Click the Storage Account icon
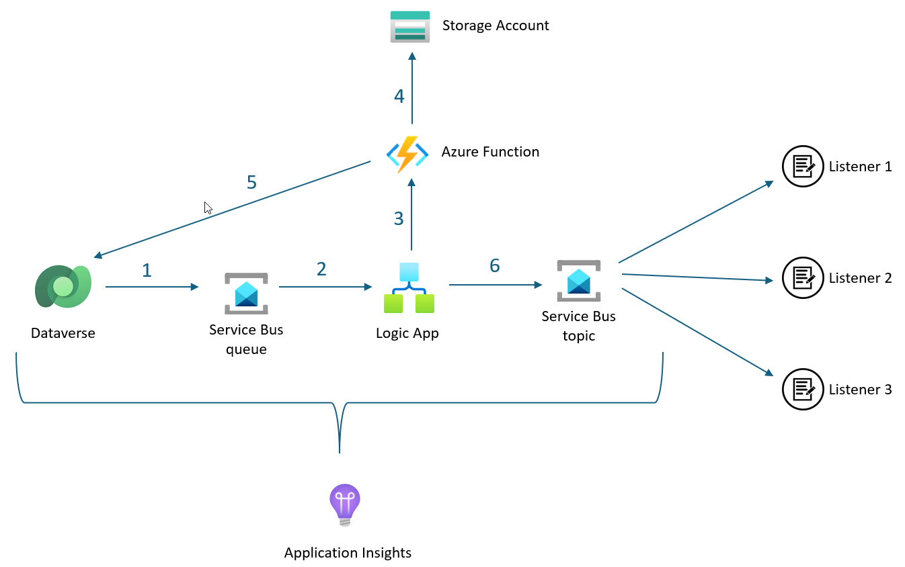coord(409,27)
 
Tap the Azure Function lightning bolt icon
coord(407,155)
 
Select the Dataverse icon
coord(63,286)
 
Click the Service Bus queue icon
coord(246,293)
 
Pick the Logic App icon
coord(409,288)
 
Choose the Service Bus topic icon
coord(578,281)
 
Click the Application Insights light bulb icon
coord(345,504)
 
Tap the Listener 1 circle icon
coord(803,166)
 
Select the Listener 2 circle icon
coord(803,277)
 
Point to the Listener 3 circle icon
coord(803,389)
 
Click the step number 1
coord(147,270)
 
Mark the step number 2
coord(321,269)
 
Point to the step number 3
coord(399,218)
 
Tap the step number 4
coord(399,97)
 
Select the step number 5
coord(251,182)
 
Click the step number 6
coord(495,266)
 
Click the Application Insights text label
coord(348,553)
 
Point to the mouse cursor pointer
coord(208,208)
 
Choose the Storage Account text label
coord(496,26)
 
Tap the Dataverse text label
coord(63,333)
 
